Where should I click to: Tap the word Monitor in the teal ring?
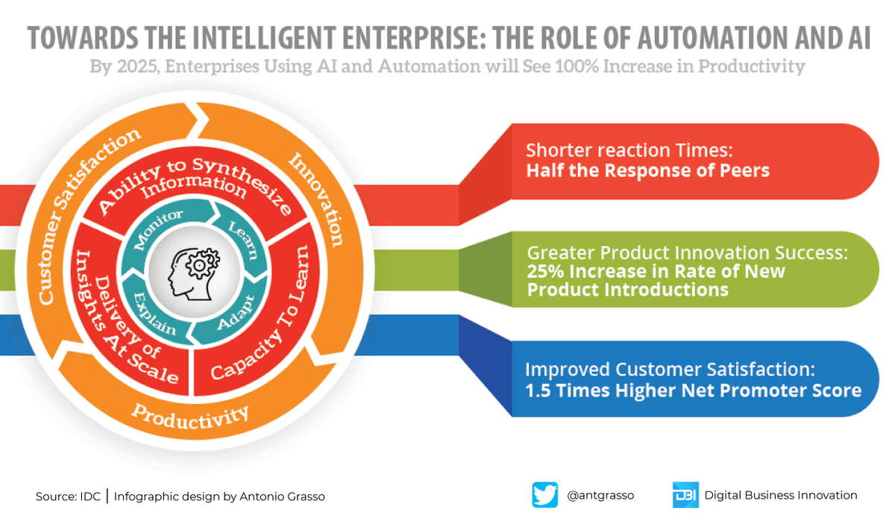(159, 229)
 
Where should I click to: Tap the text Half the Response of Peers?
(647, 170)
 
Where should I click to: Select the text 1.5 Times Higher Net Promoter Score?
(693, 390)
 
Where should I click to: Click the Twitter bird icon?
(544, 494)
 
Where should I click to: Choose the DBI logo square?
(685, 494)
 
